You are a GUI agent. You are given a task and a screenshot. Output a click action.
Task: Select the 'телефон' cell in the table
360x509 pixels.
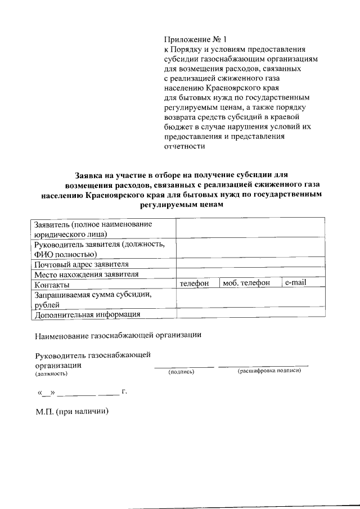195,283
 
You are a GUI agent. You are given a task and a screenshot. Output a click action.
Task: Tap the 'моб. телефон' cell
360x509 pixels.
246,283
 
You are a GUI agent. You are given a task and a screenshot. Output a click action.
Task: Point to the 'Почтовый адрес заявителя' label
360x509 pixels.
82,264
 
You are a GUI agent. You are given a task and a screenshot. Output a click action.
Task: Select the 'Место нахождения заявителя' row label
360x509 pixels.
86,274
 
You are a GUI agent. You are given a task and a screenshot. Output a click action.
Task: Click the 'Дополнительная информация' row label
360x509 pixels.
87,314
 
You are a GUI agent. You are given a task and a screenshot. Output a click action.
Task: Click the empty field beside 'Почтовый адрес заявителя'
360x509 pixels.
250,263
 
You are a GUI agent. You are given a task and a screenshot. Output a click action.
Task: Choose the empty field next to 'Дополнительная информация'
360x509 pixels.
250,314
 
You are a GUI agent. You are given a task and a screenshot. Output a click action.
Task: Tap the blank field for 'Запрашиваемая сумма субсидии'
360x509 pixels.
250,299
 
